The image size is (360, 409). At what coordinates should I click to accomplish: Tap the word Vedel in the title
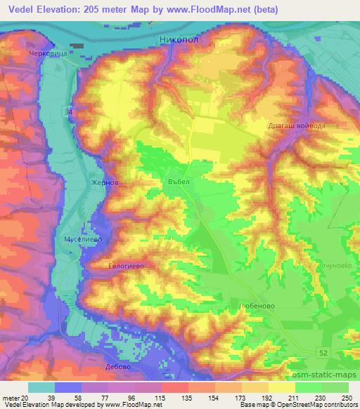[21, 10]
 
